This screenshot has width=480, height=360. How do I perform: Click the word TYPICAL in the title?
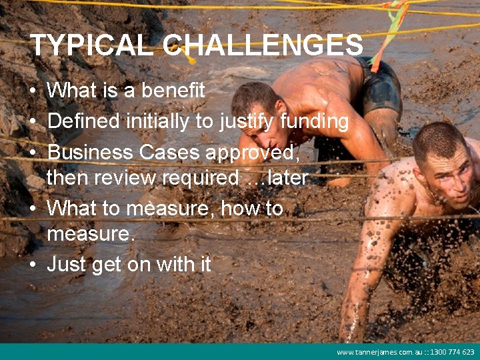click(x=93, y=45)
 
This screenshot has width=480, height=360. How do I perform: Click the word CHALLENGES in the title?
click(x=263, y=45)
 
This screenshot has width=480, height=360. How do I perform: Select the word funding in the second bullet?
click(x=314, y=121)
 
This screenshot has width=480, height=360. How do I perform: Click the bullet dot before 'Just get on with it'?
click(x=33, y=265)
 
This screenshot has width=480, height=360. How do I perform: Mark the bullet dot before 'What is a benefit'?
click(x=33, y=91)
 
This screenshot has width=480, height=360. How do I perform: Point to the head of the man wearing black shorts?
click(x=257, y=110)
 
